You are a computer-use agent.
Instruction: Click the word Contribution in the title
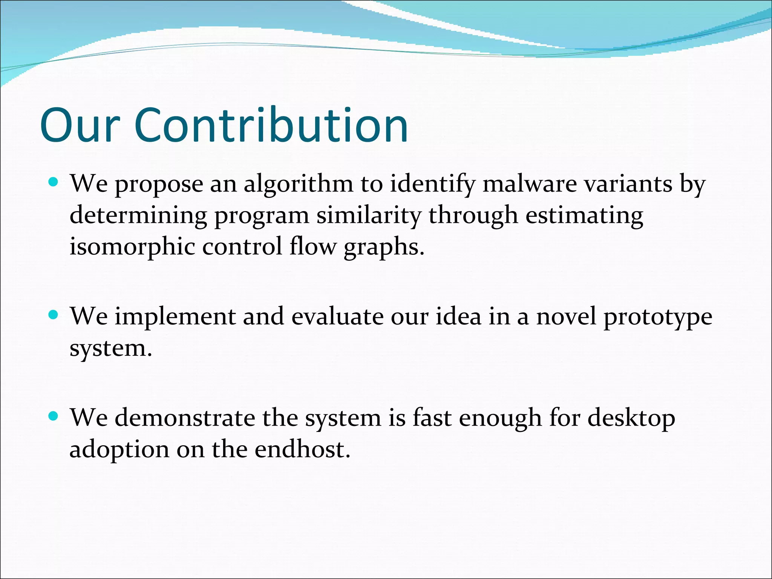click(x=271, y=125)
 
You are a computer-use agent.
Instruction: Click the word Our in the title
click(x=80, y=125)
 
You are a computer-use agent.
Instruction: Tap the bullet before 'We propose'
click(x=54, y=183)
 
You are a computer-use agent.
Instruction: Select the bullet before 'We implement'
click(x=54, y=315)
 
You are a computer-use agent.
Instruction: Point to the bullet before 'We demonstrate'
click(x=54, y=417)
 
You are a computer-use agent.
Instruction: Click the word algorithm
click(x=298, y=185)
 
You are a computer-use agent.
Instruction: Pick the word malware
click(x=530, y=184)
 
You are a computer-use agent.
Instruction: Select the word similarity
click(x=368, y=216)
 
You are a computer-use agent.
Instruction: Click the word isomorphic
click(x=132, y=247)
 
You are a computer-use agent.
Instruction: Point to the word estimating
click(x=584, y=216)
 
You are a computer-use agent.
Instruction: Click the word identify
click(x=432, y=185)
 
